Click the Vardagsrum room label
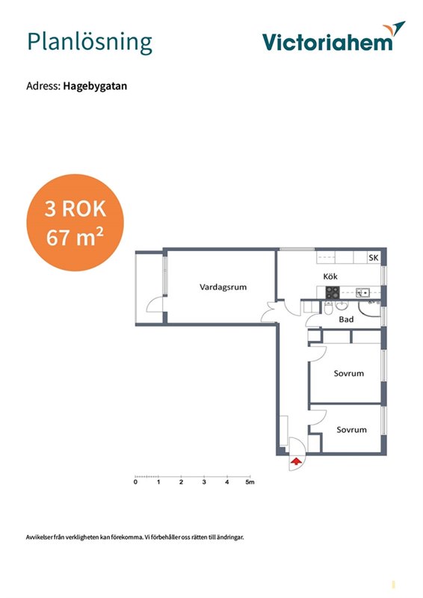(x=223, y=287)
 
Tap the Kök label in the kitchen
(x=330, y=276)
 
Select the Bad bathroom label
(x=346, y=319)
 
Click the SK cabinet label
(x=374, y=258)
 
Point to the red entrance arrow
(x=297, y=462)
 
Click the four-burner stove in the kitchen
(x=333, y=292)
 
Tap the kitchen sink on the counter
(x=362, y=293)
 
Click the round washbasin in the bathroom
(x=342, y=305)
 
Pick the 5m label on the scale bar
(x=250, y=482)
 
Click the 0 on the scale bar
(x=136, y=482)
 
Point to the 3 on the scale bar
(x=204, y=482)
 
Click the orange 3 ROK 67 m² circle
(x=75, y=223)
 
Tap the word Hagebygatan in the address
(x=95, y=86)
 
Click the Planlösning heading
(x=90, y=43)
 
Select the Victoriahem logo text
(x=327, y=43)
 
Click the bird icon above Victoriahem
(x=394, y=29)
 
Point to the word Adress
(x=43, y=86)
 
